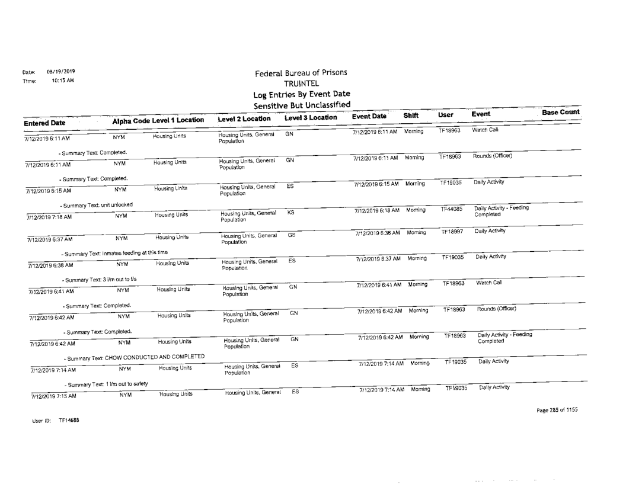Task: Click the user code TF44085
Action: [x=451, y=209]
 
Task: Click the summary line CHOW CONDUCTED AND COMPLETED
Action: [x=135, y=355]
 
